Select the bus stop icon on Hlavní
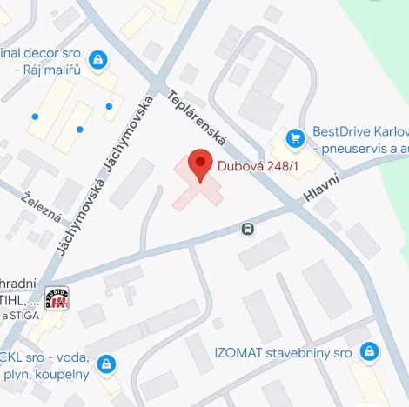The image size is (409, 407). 248,229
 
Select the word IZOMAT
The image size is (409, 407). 236,353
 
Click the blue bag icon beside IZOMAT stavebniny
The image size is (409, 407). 370,351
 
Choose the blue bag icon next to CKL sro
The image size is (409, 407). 106,363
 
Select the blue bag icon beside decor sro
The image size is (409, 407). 97,59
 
